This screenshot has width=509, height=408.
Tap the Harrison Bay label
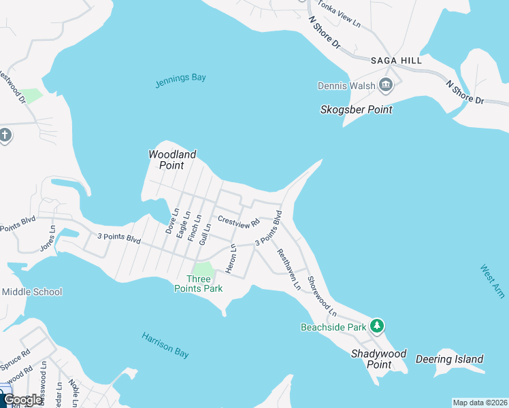[165, 345]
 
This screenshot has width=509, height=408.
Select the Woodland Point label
[172, 160]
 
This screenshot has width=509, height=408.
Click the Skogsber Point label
[357, 109]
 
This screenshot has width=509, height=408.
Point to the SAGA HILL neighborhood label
[396, 61]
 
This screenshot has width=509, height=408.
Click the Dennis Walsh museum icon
[387, 86]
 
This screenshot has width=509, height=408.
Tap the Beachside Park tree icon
[377, 326]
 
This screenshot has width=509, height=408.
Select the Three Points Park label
[205, 284]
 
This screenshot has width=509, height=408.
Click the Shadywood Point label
[379, 359]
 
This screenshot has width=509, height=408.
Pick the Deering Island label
[449, 359]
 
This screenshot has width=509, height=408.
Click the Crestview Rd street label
[239, 221]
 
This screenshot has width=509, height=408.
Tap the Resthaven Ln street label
[288, 269]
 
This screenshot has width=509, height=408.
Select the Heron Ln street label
[231, 260]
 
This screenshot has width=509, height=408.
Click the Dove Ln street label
[171, 222]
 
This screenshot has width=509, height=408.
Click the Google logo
[22, 400]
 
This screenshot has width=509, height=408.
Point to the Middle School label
[31, 292]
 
